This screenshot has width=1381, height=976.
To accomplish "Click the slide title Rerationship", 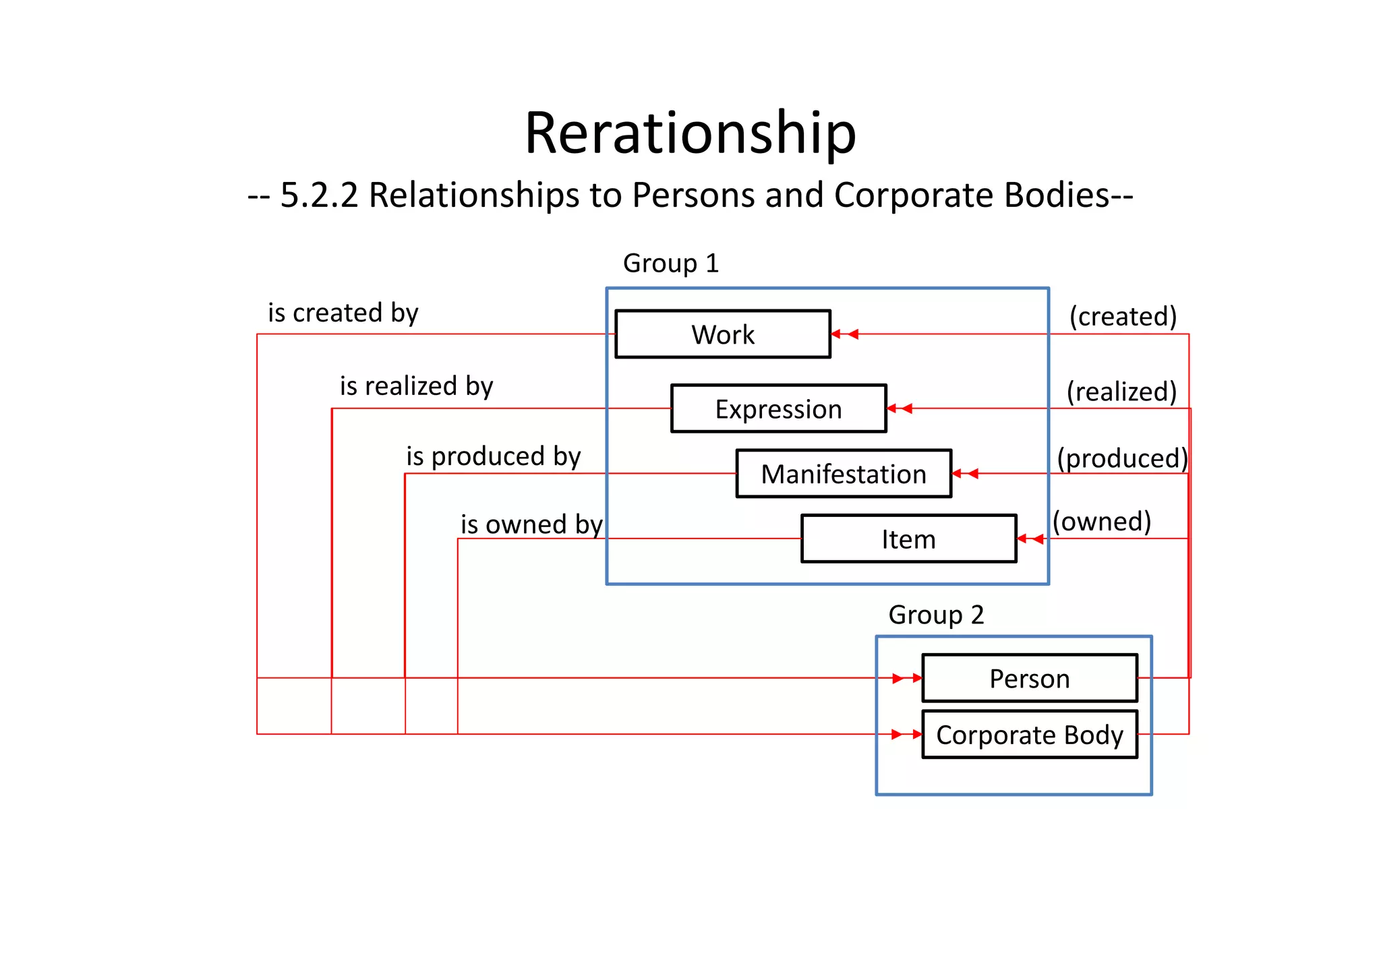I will pyautogui.click(x=690, y=133).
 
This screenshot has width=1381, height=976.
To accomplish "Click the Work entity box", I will pyautogui.click(x=722, y=334).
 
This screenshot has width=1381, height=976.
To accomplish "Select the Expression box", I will pyautogui.click(x=778, y=409).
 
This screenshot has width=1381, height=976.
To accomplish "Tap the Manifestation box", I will pyautogui.click(x=843, y=474).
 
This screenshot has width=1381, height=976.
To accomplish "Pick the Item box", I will pyautogui.click(x=908, y=539).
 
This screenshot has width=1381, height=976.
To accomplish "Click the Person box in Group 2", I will pyautogui.click(x=1029, y=678).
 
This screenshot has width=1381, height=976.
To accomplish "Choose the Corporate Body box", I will pyautogui.click(x=1029, y=735).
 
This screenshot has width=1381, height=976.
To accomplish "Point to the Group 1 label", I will pyautogui.click(x=671, y=263).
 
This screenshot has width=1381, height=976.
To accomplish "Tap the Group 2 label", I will pyautogui.click(x=936, y=615).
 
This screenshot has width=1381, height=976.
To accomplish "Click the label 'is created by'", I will pyautogui.click(x=343, y=313).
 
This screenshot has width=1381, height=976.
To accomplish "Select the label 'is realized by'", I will pyautogui.click(x=416, y=386).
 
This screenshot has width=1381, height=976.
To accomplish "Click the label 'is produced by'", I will pyautogui.click(x=493, y=456).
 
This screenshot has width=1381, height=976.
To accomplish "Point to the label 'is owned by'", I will pyautogui.click(x=531, y=524).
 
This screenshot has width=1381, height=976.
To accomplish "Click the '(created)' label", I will pyautogui.click(x=1123, y=316).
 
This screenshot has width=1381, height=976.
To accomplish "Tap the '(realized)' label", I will pyautogui.click(x=1121, y=392).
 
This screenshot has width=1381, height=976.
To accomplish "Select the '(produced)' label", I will pyautogui.click(x=1121, y=458).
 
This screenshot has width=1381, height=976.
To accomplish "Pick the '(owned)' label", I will pyautogui.click(x=1102, y=521).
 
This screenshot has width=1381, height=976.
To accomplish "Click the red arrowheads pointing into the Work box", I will pyautogui.click(x=844, y=334).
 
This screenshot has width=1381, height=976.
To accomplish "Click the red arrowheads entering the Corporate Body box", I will pyautogui.click(x=906, y=734).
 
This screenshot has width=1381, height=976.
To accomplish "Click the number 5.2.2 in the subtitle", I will pyautogui.click(x=319, y=195).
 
